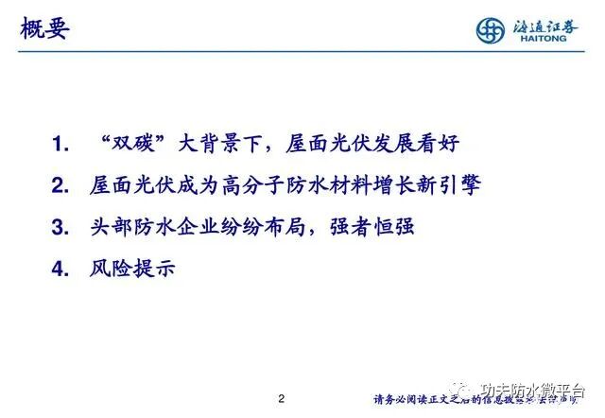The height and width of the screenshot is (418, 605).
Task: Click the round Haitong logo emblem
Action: point(491,29)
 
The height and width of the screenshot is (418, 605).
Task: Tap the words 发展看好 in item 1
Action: point(421,145)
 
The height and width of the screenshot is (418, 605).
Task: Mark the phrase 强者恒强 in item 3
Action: point(375,228)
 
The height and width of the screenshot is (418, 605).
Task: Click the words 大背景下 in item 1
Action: point(210,145)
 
